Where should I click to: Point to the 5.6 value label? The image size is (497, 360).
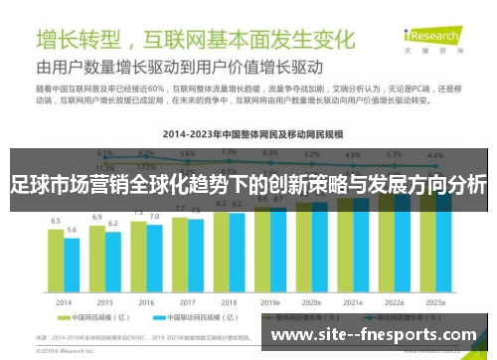(73, 230)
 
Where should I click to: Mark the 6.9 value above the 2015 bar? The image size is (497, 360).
(97, 216)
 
